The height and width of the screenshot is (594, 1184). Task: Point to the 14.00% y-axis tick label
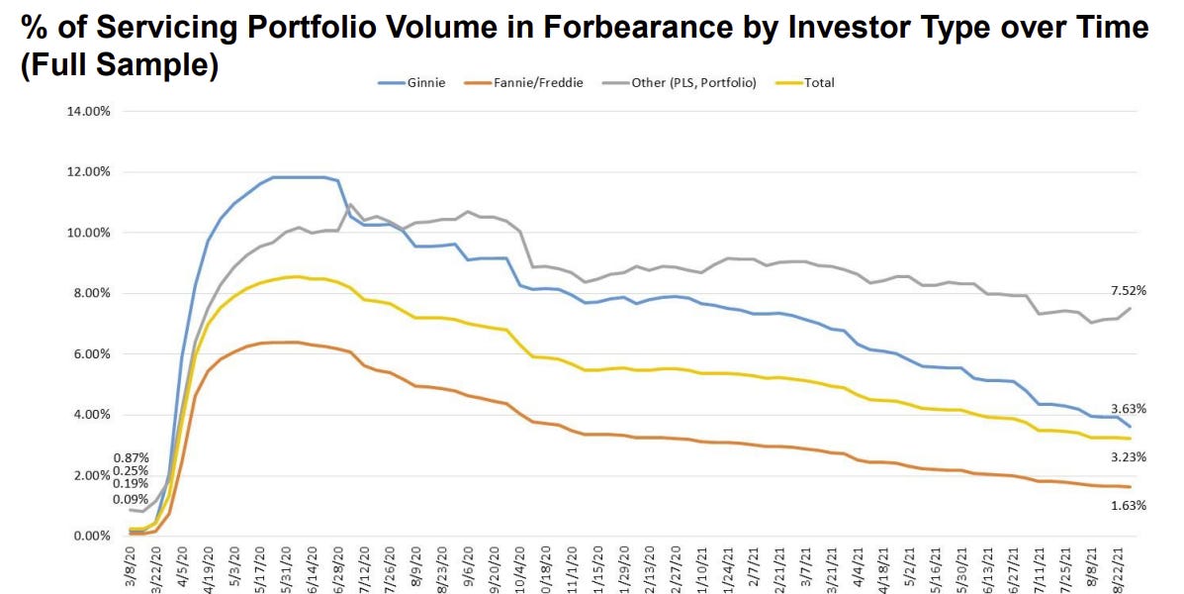coord(89,111)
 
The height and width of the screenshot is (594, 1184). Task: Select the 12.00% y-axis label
coord(89,172)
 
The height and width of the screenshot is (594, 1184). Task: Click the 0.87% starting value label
coord(131,457)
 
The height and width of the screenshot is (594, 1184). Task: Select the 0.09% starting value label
coord(131,499)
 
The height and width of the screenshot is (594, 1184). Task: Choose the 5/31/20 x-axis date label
coord(287,568)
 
